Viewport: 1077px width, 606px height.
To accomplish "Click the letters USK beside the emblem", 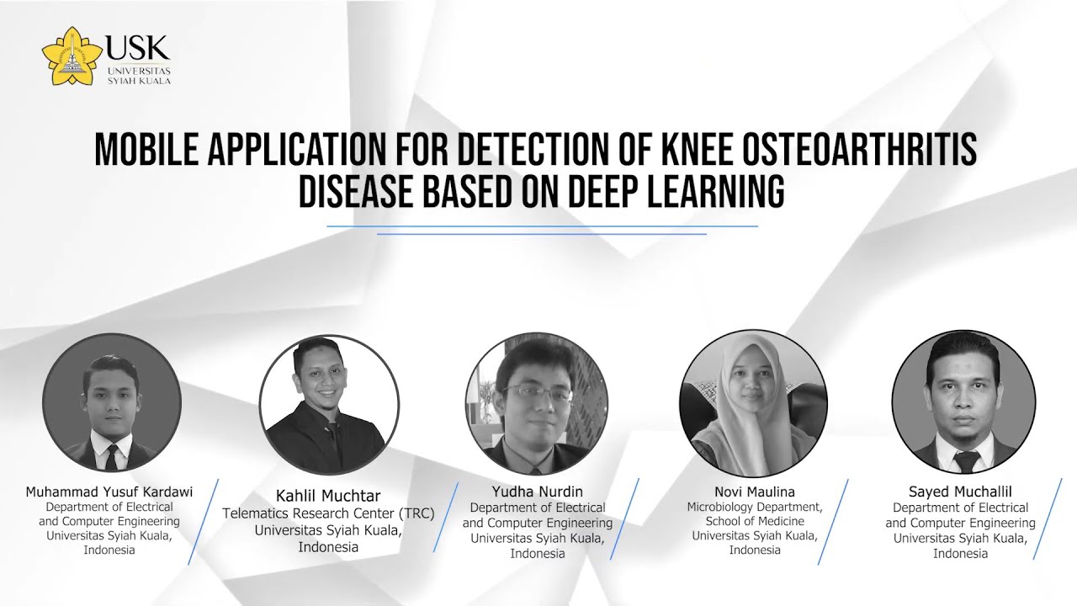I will click(x=138, y=47).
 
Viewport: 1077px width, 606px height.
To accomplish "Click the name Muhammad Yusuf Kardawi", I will click(x=109, y=492).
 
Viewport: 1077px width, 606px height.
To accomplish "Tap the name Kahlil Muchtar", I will click(x=328, y=496).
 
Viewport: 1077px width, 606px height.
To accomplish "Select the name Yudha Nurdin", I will click(x=538, y=492).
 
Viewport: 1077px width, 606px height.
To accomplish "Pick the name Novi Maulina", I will click(x=754, y=492).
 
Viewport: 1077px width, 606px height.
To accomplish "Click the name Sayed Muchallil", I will click(x=960, y=492).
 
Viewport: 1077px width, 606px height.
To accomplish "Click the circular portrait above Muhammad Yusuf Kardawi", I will click(x=112, y=402).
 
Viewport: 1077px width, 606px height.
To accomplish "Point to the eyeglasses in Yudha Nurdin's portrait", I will click(x=538, y=392).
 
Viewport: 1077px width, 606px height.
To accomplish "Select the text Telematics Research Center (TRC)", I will click(x=328, y=513).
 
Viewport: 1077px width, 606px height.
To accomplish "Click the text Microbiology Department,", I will click(x=754, y=508).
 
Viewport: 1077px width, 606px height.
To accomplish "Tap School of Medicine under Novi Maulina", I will click(x=754, y=522).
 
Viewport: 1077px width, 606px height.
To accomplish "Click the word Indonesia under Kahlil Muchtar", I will click(x=328, y=547).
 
